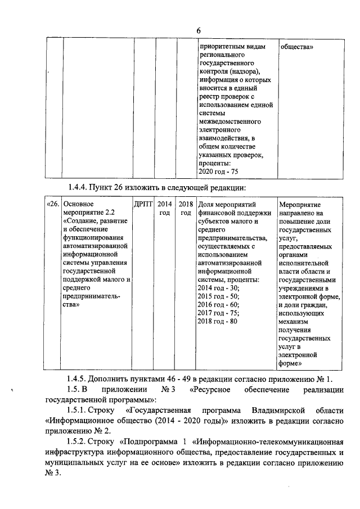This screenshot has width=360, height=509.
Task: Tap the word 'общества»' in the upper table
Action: click(296, 47)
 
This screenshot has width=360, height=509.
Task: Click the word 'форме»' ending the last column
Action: click(292, 364)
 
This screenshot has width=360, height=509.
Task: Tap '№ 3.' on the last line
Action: click(55, 473)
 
